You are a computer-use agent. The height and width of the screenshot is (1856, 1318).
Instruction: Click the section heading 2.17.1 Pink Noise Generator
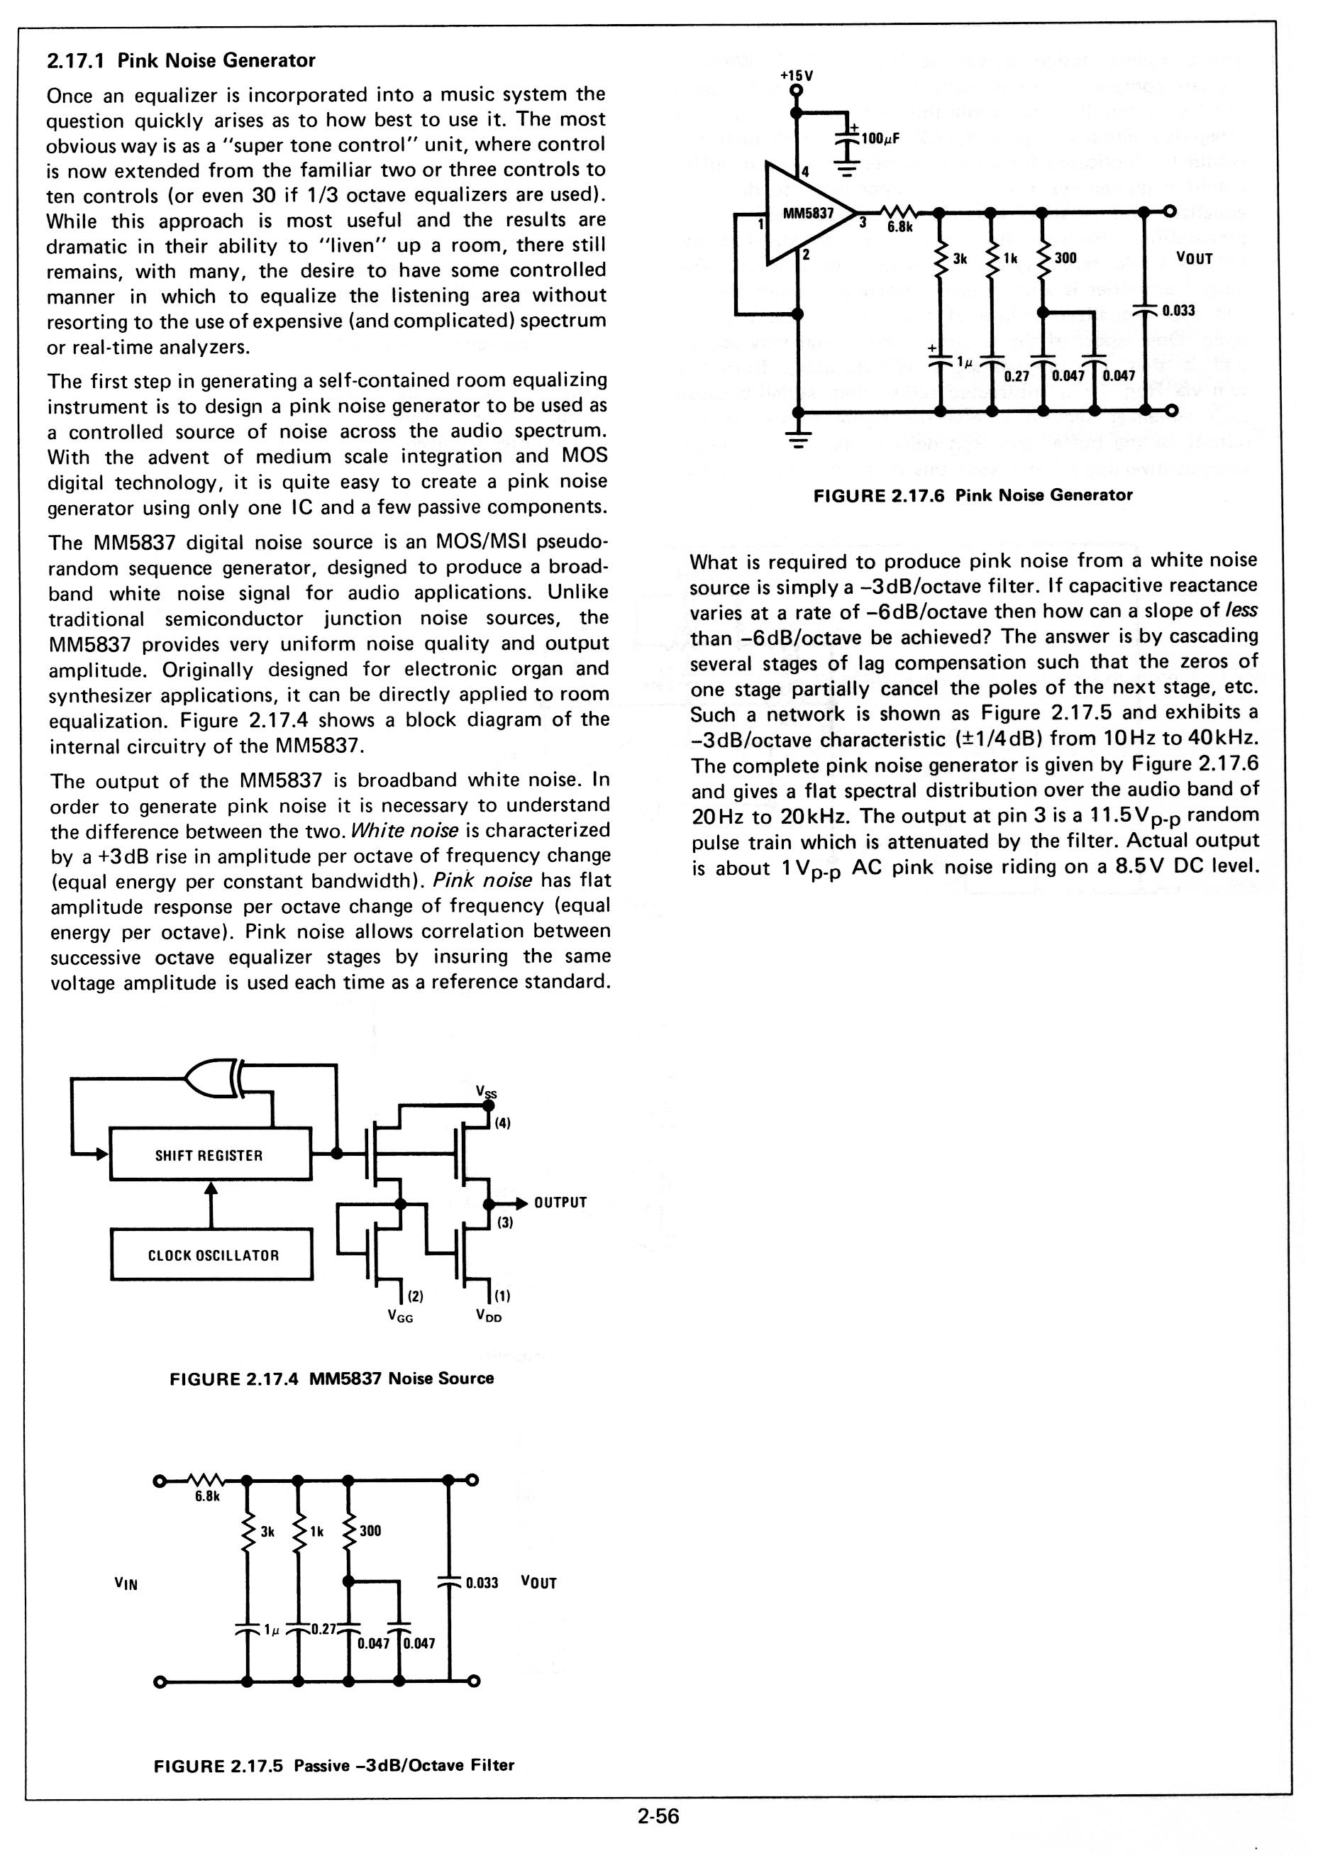click(181, 61)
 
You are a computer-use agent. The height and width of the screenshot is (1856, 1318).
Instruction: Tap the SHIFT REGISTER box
click(209, 1155)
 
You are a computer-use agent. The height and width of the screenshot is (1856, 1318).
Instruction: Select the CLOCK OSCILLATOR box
click(212, 1256)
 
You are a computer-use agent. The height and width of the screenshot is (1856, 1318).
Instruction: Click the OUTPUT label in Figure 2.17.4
click(560, 1203)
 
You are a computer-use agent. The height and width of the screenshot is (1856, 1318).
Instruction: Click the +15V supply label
click(796, 75)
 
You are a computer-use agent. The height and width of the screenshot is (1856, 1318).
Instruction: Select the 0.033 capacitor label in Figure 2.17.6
click(1178, 310)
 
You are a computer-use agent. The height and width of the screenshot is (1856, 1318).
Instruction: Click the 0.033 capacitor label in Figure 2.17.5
click(482, 1583)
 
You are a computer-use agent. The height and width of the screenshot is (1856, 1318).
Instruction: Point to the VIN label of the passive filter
click(126, 1584)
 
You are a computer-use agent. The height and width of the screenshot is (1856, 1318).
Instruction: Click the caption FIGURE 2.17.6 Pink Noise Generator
click(973, 495)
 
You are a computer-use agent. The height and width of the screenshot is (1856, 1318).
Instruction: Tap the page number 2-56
click(658, 1817)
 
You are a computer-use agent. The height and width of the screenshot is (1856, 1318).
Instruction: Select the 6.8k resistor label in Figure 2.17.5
click(208, 1496)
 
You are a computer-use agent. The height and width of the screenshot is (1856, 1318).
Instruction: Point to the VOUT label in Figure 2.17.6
click(1194, 259)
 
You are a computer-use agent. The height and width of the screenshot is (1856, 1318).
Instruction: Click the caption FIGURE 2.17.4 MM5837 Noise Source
click(331, 1378)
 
